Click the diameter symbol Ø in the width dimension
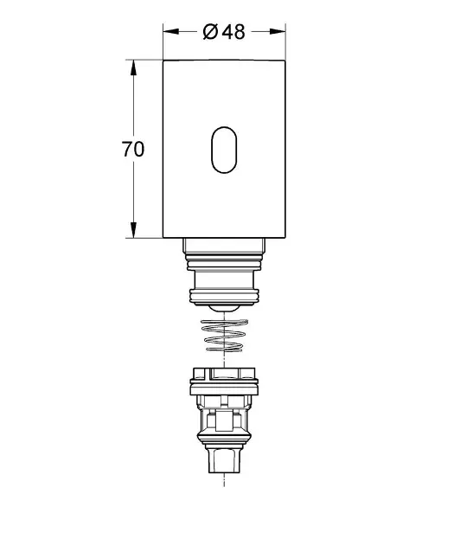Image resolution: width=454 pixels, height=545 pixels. [210, 32]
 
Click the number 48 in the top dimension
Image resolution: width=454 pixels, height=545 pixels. [233, 32]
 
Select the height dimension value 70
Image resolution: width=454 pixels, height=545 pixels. [132, 149]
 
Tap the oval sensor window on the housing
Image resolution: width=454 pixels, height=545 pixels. [224, 150]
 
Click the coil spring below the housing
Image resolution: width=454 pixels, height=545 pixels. [224, 335]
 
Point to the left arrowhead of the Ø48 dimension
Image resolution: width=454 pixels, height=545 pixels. [171, 32]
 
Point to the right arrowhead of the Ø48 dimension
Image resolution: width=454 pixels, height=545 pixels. [278, 32]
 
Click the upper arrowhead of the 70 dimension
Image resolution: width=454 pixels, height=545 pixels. [133, 67]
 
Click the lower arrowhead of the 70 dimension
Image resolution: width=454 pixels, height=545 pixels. [133, 230]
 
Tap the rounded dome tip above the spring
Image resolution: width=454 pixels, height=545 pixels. [224, 308]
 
